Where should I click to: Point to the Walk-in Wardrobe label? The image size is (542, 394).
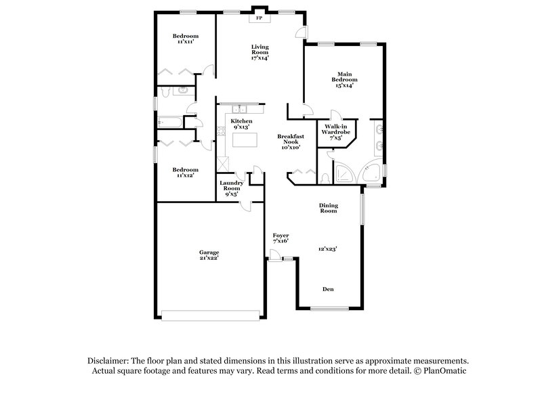pyautogui.click(x=336, y=131)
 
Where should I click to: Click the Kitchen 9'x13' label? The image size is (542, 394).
pyautogui.click(x=242, y=124)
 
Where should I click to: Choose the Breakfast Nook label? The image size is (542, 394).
pyautogui.click(x=291, y=141)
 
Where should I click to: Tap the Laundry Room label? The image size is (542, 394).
pyautogui.click(x=231, y=188)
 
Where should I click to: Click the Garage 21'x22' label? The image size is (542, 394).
pyautogui.click(x=209, y=256)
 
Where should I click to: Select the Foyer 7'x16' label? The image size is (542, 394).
pyautogui.click(x=280, y=238)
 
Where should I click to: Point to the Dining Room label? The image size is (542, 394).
pyautogui.click(x=329, y=208)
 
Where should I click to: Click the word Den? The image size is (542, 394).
pyautogui.click(x=327, y=289)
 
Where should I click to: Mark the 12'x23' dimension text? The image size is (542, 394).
pyautogui.click(x=328, y=248)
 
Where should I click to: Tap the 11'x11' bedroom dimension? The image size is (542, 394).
pyautogui.click(x=185, y=42)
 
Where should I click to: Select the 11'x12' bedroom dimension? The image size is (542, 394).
pyautogui.click(x=184, y=175)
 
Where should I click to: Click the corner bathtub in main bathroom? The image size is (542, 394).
pyautogui.click(x=371, y=173)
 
